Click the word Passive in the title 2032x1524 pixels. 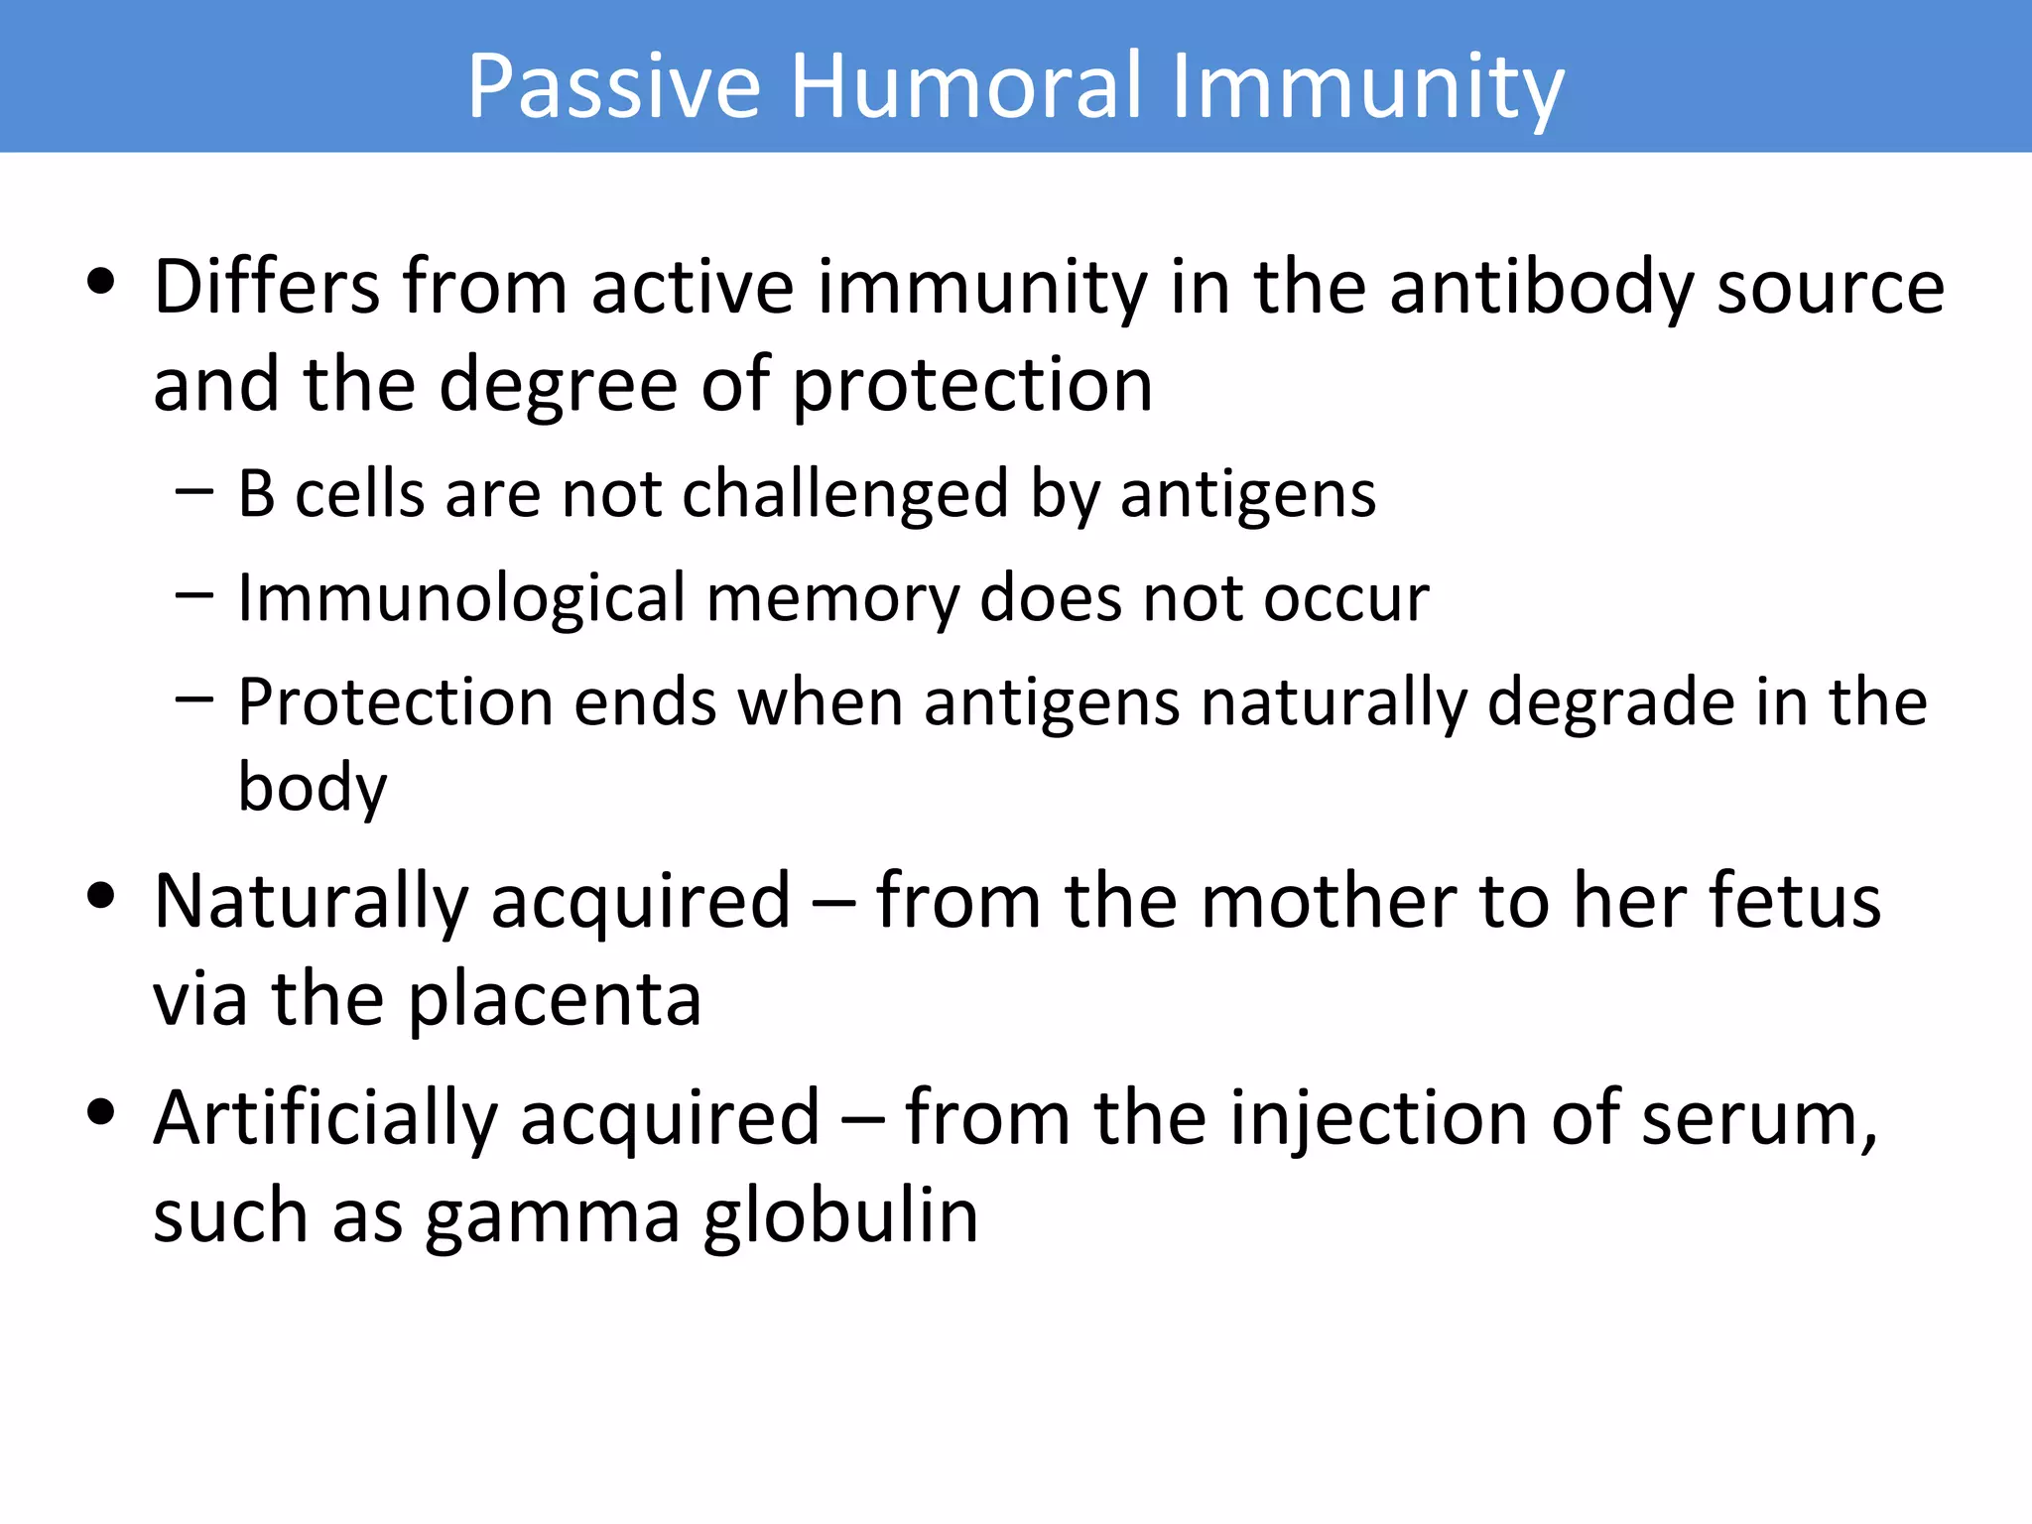(613, 87)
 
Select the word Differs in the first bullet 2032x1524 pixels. (266, 288)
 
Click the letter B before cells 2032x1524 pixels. (256, 494)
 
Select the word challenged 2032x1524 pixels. (845, 494)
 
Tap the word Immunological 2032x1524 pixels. (461, 599)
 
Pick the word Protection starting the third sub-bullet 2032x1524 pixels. (395, 703)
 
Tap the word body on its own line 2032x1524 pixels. (313, 788)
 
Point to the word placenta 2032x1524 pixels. (555, 1000)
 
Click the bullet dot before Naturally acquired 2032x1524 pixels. (100, 896)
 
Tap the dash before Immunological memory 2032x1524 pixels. (194, 595)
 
